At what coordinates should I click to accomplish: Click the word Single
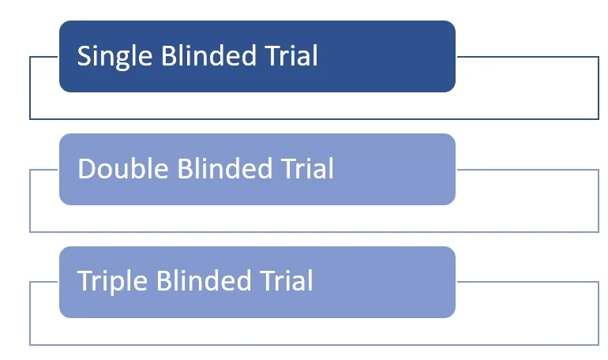[114, 57]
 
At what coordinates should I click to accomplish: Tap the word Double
[123, 168]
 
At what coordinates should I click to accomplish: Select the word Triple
[112, 282]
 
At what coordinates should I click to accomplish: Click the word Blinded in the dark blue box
[208, 55]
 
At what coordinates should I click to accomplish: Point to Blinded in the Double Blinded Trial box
[225, 168]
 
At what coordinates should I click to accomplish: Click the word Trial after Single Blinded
[291, 55]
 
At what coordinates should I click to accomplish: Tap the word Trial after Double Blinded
[307, 168]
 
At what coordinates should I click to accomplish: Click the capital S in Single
[84, 56]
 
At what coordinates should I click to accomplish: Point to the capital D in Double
[86, 169]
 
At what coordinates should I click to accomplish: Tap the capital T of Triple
[85, 280]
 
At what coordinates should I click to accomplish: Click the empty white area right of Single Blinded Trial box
[527, 88]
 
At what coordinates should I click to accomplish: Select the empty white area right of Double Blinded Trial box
[527, 201]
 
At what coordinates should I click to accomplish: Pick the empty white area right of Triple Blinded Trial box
[527, 313]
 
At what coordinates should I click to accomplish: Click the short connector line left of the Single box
[43, 57]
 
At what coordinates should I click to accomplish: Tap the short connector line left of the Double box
[43, 170]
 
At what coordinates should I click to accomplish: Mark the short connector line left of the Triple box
[43, 282]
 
